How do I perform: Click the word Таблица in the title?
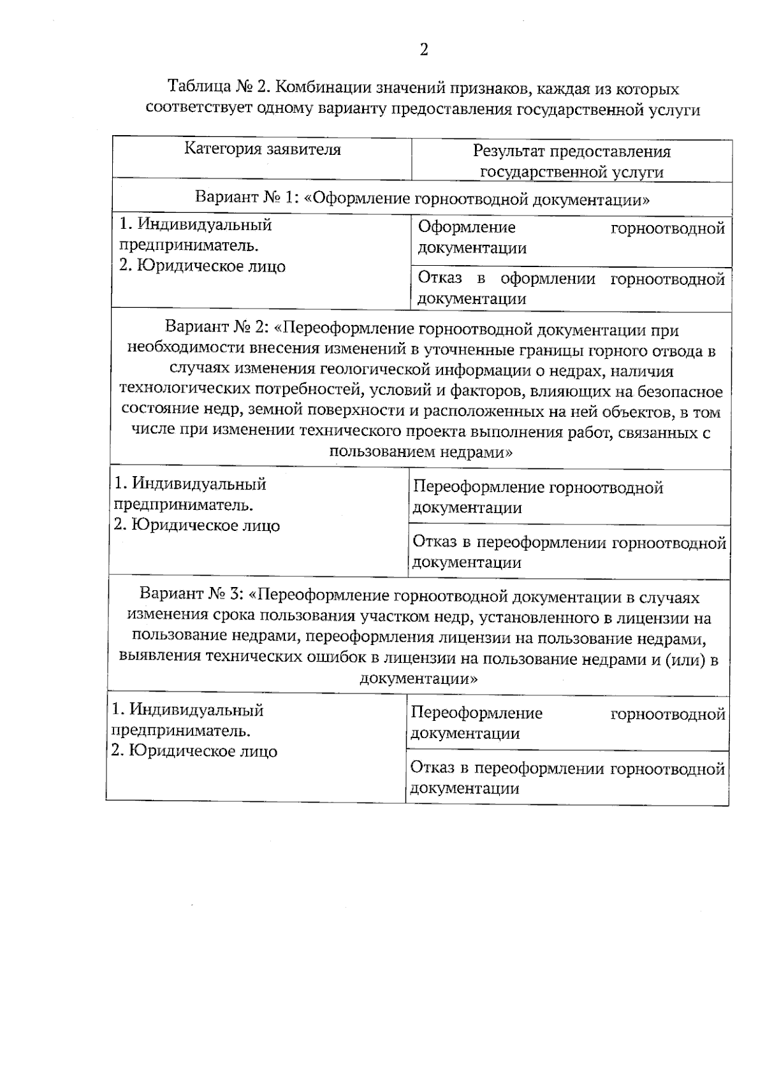click(196, 87)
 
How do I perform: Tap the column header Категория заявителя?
click(263, 149)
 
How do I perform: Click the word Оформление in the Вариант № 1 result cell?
click(467, 228)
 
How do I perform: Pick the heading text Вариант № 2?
click(217, 329)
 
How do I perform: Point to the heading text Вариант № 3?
click(192, 597)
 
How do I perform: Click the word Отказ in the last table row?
click(430, 769)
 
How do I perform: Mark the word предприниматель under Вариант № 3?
click(180, 730)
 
